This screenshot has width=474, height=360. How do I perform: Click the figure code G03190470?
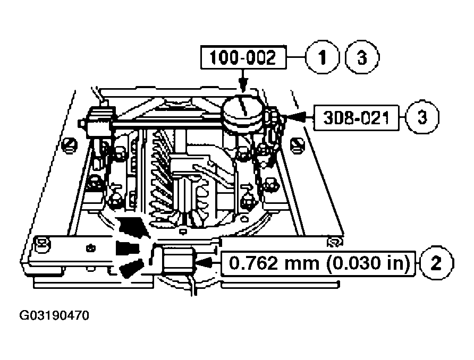click(x=54, y=317)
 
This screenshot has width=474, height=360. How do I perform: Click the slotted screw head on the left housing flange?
click(x=69, y=143)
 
